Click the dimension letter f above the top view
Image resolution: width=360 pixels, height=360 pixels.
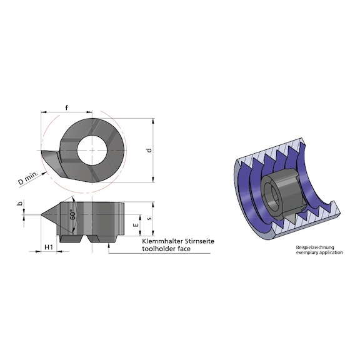tap(66, 107)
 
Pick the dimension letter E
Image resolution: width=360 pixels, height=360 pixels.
tap(136, 223)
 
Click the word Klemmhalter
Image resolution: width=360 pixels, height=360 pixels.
tap(161, 241)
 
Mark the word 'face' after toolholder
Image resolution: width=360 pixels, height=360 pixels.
tap(184, 248)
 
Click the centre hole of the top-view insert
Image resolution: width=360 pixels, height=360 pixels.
tap(91, 150)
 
